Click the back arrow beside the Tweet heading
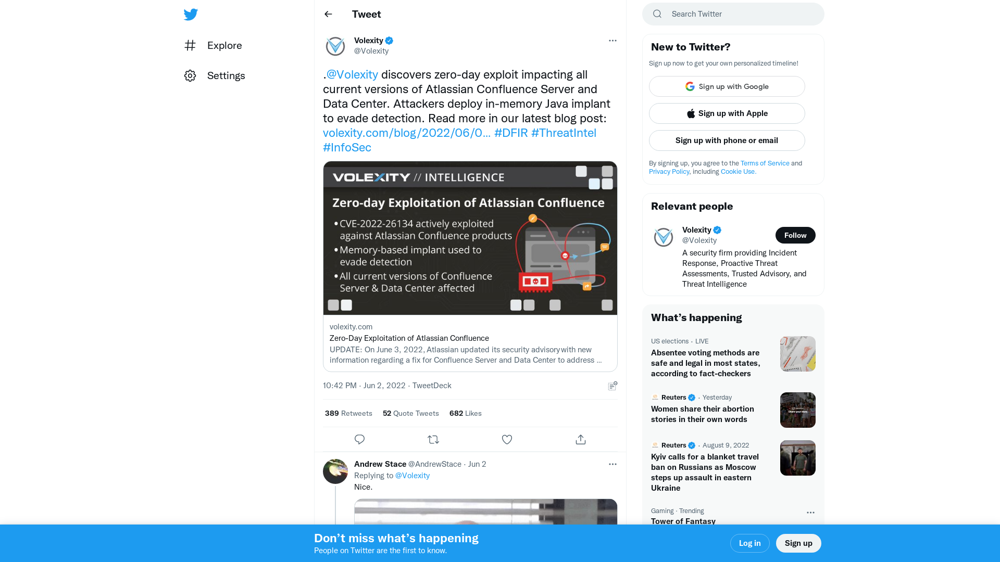click(x=328, y=14)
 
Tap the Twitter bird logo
click(x=191, y=14)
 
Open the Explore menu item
click(x=224, y=45)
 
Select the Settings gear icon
click(x=190, y=76)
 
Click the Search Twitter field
click(x=740, y=14)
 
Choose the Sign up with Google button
click(x=727, y=86)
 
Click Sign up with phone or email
click(x=727, y=140)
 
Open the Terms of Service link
click(x=765, y=163)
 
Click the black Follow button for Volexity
click(x=795, y=235)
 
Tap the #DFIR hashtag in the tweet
click(x=510, y=133)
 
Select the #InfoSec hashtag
click(x=347, y=148)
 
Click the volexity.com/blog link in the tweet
click(x=406, y=133)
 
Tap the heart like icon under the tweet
click(x=507, y=440)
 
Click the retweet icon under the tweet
click(x=433, y=440)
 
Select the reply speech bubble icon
click(x=359, y=440)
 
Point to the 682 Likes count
click(x=465, y=413)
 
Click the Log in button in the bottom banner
click(x=749, y=543)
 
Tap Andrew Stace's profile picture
click(x=335, y=471)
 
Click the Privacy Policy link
click(x=669, y=172)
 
